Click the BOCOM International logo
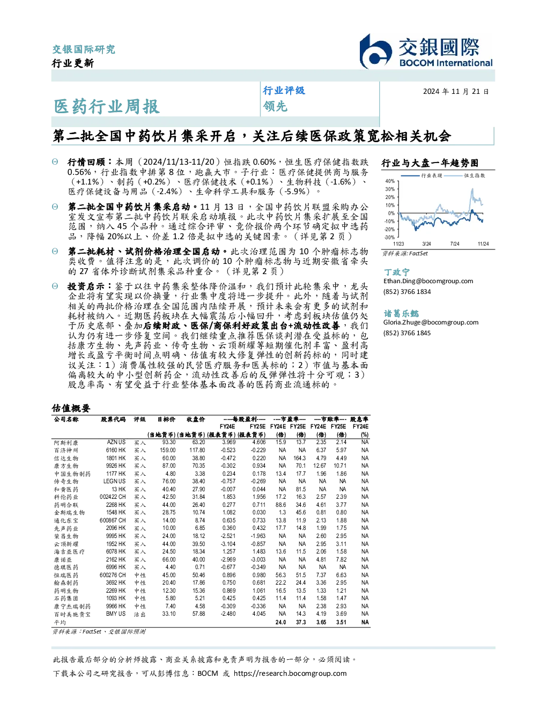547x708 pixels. click(x=426, y=51)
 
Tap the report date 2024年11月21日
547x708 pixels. click(x=455, y=92)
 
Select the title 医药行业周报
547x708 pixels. click(x=107, y=106)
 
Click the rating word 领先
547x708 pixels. click(x=275, y=106)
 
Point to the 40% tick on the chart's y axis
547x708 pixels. click(x=390, y=181)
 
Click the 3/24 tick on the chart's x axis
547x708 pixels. click(x=426, y=244)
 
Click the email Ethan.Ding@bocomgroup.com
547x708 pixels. click(x=428, y=281)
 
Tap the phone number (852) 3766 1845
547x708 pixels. click(x=407, y=333)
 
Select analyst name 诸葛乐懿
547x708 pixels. click(x=401, y=313)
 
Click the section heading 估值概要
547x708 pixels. click(x=71, y=408)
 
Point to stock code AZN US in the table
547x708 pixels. click(x=116, y=442)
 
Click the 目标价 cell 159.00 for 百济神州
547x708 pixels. click(x=168, y=450)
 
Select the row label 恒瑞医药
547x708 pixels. click(x=66, y=576)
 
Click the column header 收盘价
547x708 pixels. click(x=196, y=419)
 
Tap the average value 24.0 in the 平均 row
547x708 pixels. click(x=280, y=622)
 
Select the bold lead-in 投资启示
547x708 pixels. click(x=86, y=286)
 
